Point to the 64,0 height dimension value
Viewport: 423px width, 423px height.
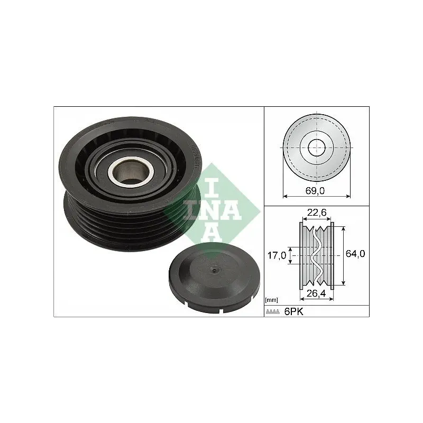(355, 254)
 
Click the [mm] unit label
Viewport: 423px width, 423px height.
(271, 300)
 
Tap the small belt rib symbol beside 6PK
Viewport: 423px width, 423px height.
(272, 312)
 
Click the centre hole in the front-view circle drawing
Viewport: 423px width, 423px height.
(317, 146)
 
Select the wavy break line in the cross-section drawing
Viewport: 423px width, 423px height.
(317, 254)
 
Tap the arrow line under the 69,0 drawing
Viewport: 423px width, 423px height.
(317, 196)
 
